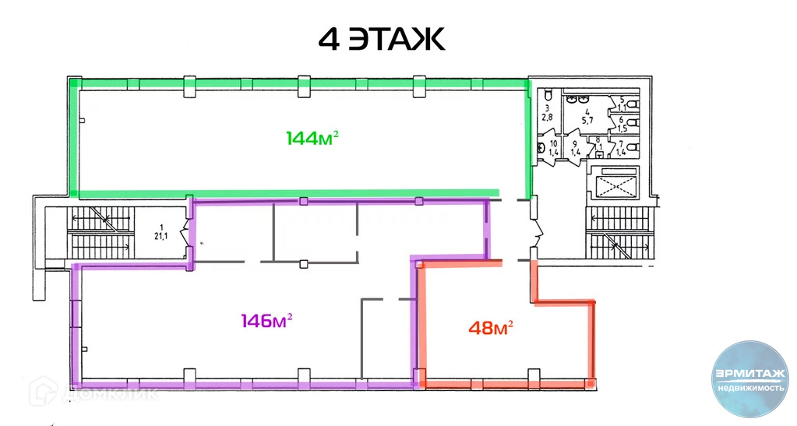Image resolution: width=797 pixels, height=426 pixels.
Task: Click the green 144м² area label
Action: tap(312, 139)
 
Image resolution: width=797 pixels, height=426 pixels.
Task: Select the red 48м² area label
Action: tap(490, 328)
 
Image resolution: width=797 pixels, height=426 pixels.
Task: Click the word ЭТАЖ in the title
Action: tap(397, 38)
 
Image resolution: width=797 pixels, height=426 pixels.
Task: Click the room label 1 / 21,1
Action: tap(160, 231)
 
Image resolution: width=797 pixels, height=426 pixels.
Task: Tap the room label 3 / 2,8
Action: tap(548, 112)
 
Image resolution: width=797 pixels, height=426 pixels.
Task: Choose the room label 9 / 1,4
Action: tap(575, 148)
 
